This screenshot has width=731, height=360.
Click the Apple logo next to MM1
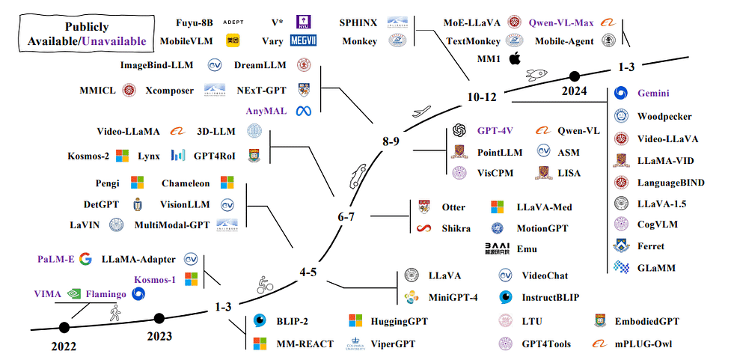coord(514,59)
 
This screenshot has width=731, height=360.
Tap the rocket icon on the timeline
coord(536,75)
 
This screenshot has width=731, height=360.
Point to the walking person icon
coord(114,313)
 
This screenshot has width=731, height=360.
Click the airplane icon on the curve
coord(421,112)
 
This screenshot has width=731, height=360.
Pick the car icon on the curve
coord(355,176)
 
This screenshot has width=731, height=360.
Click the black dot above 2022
coord(64,326)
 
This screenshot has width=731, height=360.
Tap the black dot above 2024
coord(575,76)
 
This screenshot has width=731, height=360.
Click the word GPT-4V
coord(495,130)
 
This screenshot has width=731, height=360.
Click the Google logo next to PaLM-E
coord(85,259)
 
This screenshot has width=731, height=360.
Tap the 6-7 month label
coord(349,216)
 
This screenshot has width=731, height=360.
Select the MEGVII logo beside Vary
coord(303,41)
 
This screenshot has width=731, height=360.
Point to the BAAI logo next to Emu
coord(498,248)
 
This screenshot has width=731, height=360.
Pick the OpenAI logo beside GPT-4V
coord(459,130)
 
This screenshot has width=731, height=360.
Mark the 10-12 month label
coord(482,97)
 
